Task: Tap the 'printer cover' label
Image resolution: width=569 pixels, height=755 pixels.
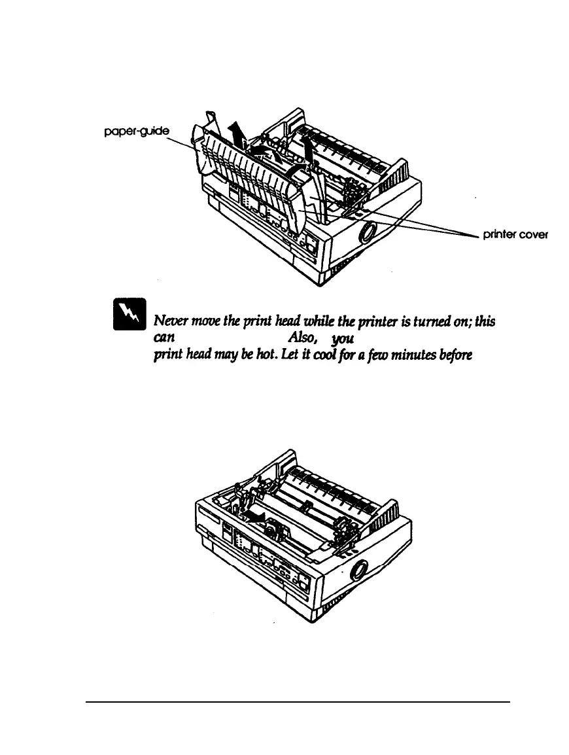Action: coord(514,236)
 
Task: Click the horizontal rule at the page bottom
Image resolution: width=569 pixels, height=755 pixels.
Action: coord(298,701)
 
